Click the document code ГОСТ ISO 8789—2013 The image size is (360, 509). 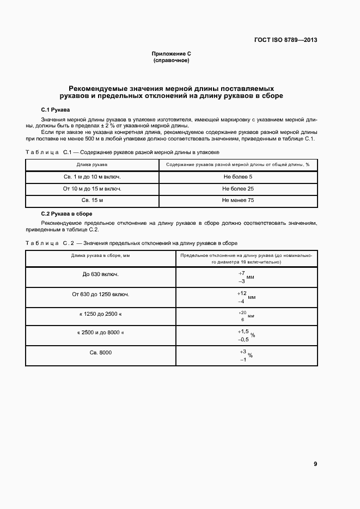[286, 40]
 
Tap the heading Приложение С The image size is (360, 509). [172, 54]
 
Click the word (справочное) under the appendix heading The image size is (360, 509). [172, 60]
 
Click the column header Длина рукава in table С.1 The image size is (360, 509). [92, 164]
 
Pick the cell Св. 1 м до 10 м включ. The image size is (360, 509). [92, 177]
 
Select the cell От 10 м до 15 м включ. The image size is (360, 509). [92, 189]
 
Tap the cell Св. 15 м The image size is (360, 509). [92, 200]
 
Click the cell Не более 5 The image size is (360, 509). [237, 177]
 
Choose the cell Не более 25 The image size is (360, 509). [237, 189]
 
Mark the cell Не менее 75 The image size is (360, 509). [237, 200]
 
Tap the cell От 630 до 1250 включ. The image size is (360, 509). [100, 294]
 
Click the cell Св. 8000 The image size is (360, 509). [100, 353]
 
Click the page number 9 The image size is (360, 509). [315, 464]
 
